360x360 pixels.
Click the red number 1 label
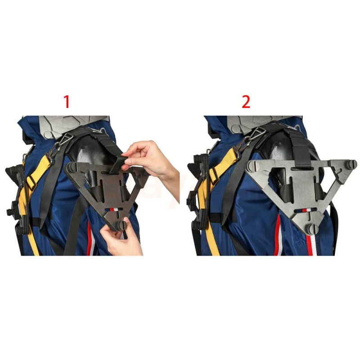[67, 102]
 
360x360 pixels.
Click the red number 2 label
[246, 102]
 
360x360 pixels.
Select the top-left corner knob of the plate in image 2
[251, 166]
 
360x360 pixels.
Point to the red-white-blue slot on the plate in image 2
[302, 210]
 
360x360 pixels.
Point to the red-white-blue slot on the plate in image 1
[114, 210]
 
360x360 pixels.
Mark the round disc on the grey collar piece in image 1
[49, 135]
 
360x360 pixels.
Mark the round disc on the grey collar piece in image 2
[237, 129]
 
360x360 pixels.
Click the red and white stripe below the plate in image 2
[310, 246]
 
